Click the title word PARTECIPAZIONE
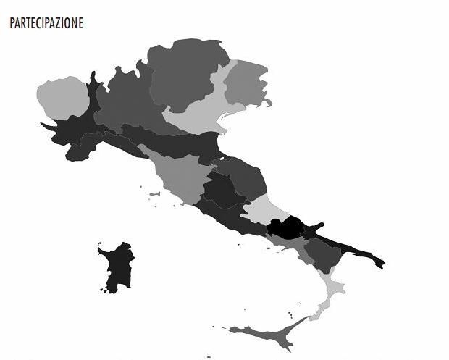pos(46,23)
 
